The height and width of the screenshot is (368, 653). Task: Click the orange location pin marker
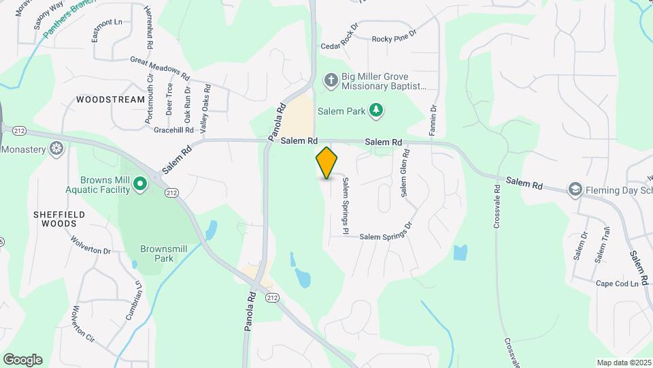tap(327, 162)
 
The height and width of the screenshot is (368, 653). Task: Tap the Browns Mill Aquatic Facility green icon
tap(140, 183)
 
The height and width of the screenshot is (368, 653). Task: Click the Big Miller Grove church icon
tap(331, 81)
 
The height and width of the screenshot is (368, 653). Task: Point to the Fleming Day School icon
tap(575, 189)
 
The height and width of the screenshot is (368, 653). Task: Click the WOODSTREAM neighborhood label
tap(111, 99)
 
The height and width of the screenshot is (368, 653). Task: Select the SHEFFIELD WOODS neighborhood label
tap(59, 218)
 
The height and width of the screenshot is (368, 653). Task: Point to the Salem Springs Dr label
tap(386, 234)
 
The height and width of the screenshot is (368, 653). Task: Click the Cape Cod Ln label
tap(621, 283)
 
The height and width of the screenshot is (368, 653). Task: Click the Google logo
tap(22, 360)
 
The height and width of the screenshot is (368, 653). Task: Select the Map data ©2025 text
tap(624, 363)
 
